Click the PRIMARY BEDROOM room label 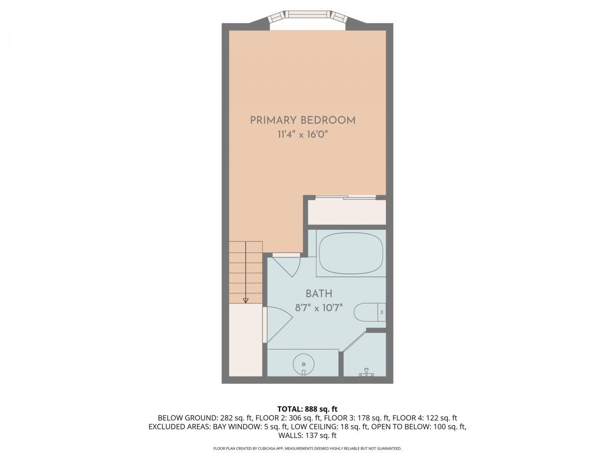pyautogui.click(x=303, y=121)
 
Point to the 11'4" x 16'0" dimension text pyautogui.click(x=303, y=134)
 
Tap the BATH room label pyautogui.click(x=319, y=293)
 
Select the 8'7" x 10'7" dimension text pyautogui.click(x=319, y=308)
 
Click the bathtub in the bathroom pyautogui.click(x=351, y=253)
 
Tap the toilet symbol pyautogui.click(x=370, y=312)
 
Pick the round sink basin pyautogui.click(x=304, y=364)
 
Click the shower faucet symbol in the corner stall pyautogui.click(x=366, y=373)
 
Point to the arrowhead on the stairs pyautogui.click(x=246, y=301)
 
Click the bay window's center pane pyautogui.click(x=308, y=14)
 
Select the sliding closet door pyautogui.click(x=345, y=197)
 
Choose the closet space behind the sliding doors pyautogui.click(x=347, y=212)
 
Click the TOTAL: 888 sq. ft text pyautogui.click(x=307, y=409)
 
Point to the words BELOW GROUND pyautogui.click(x=187, y=418)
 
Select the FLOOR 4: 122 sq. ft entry pyautogui.click(x=425, y=418)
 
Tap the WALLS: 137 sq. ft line pyautogui.click(x=307, y=436)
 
